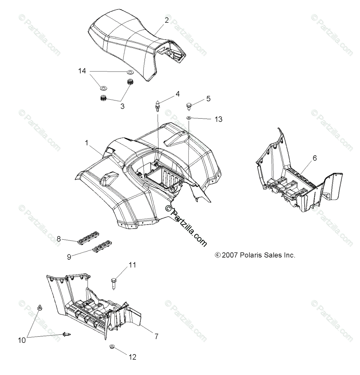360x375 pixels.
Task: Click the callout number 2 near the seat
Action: pyautogui.click(x=167, y=20)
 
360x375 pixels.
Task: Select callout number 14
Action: pyautogui.click(x=82, y=71)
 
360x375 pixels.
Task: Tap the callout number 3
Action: pyautogui.click(x=122, y=106)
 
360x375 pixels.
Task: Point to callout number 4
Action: pyautogui.click(x=177, y=93)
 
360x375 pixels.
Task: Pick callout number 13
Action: pyautogui.click(x=218, y=119)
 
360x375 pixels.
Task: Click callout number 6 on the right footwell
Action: pyautogui.click(x=315, y=158)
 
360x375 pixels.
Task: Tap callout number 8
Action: pyautogui.click(x=58, y=239)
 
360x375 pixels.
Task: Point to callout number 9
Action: pyautogui.click(x=69, y=257)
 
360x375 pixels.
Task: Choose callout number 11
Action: pyautogui.click(x=132, y=265)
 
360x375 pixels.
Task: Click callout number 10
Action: pyautogui.click(x=22, y=341)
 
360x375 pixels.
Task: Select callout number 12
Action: pyautogui.click(x=133, y=357)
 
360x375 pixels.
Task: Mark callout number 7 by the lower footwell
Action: pyautogui.click(x=156, y=336)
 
